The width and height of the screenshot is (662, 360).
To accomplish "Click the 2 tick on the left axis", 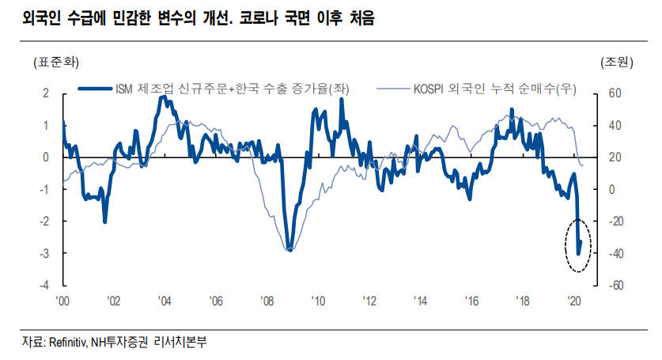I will (46, 93).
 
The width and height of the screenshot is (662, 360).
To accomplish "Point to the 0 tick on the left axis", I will (46, 157).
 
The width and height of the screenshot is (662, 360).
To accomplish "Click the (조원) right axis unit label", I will (613, 62).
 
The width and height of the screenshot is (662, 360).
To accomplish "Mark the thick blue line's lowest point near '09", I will (291, 250).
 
